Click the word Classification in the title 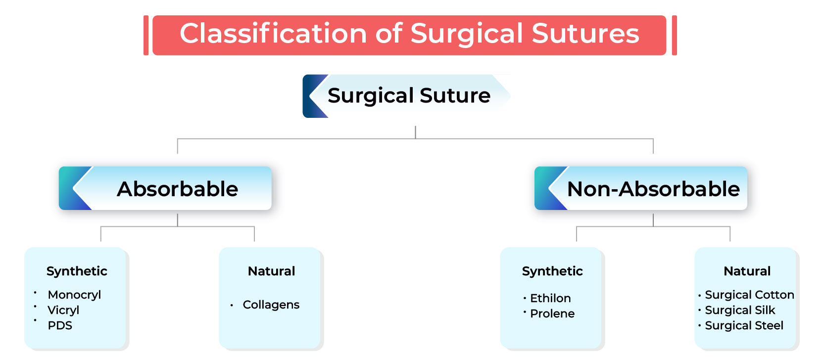click(x=273, y=34)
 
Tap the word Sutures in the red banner click(x=585, y=34)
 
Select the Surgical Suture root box click(x=408, y=96)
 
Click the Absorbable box click(x=177, y=189)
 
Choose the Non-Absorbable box click(x=653, y=189)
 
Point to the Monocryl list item click(x=74, y=295)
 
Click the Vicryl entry click(x=63, y=310)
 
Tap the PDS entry click(x=60, y=325)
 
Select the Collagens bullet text click(x=271, y=305)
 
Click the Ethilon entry click(x=550, y=298)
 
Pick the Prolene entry click(x=552, y=313)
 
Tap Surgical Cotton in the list click(x=749, y=295)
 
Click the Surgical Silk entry click(x=740, y=310)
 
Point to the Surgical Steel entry click(x=744, y=325)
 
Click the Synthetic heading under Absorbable click(x=77, y=271)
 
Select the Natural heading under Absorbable click(x=271, y=271)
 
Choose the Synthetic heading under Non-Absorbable click(x=552, y=271)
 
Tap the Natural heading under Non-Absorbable click(x=747, y=271)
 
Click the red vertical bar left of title click(x=146, y=35)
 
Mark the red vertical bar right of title click(x=674, y=35)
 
